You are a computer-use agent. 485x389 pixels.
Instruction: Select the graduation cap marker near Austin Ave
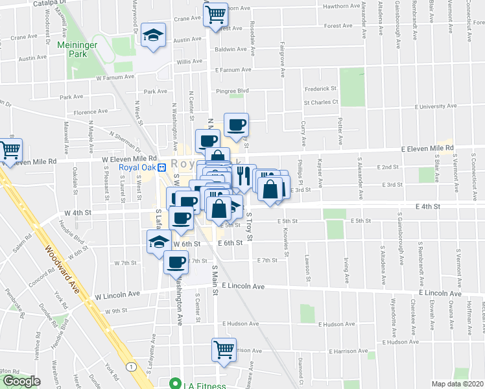tap(153, 36)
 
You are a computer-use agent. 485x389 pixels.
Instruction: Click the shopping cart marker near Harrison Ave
tap(224, 349)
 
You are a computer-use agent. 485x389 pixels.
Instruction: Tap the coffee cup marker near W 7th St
tap(175, 263)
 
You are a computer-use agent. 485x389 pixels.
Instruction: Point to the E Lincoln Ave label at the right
tap(440, 293)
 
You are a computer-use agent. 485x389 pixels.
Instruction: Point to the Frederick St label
tap(321, 89)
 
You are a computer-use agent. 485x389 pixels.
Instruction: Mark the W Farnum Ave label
tap(115, 77)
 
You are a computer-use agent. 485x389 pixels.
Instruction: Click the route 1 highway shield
tap(133, 367)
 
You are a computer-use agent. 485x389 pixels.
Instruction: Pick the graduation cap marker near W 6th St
tap(158, 242)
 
